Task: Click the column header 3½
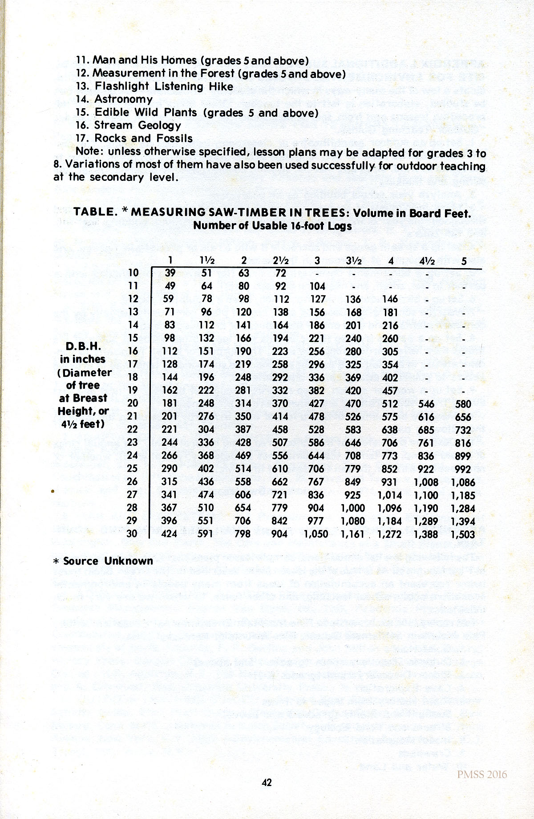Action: click(x=353, y=261)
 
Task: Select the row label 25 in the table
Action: click(x=132, y=469)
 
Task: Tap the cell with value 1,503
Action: click(x=463, y=534)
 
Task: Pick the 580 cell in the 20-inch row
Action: click(x=463, y=404)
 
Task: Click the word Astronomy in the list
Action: click(x=123, y=99)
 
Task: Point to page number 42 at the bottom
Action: click(x=267, y=782)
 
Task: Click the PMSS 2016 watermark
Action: click(x=481, y=774)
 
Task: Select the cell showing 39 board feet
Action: click(x=170, y=273)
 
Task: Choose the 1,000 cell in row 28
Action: click(x=353, y=508)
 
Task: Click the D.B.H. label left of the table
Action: click(x=83, y=346)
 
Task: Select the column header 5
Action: click(x=464, y=261)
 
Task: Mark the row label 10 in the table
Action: click(x=133, y=273)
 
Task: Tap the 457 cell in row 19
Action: click(x=390, y=391)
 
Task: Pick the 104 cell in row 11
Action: click(x=317, y=286)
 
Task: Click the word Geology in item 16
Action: click(x=159, y=126)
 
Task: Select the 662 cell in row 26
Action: click(x=279, y=482)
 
